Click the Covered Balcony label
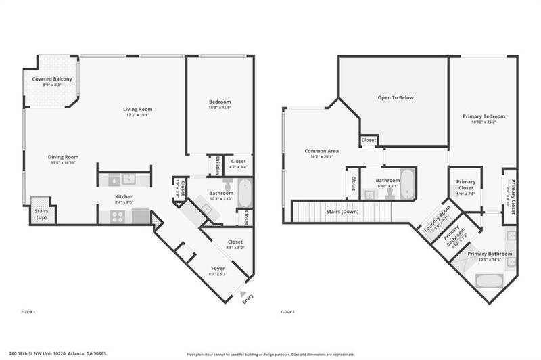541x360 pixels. click(x=52, y=79)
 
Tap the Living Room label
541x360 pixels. click(x=137, y=110)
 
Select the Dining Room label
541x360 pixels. click(x=63, y=157)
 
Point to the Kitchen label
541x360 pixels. click(x=123, y=197)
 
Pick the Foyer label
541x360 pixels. click(x=218, y=269)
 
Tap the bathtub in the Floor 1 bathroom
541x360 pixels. click(x=244, y=194)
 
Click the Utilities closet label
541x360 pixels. click(x=216, y=165)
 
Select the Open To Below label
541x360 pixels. click(x=396, y=97)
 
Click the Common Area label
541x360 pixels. click(x=321, y=151)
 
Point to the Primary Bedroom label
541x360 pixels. click(x=484, y=116)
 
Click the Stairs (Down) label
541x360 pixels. click(x=342, y=212)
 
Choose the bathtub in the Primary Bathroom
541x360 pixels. click(x=488, y=281)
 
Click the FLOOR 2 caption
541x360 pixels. click(x=288, y=312)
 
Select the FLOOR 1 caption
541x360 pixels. click(x=28, y=312)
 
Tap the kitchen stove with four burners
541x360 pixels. click(x=116, y=217)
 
